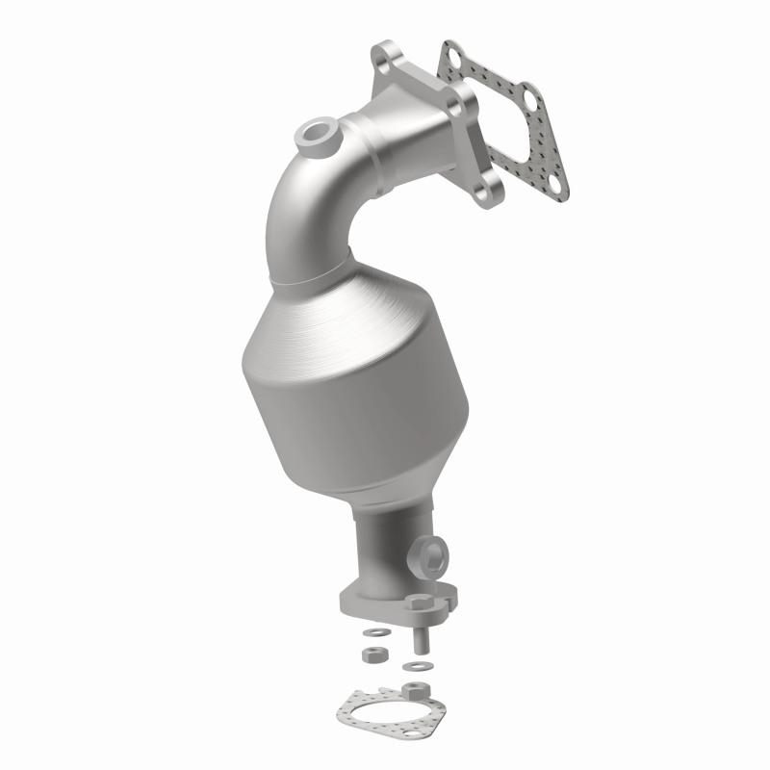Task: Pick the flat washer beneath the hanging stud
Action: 416,665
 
